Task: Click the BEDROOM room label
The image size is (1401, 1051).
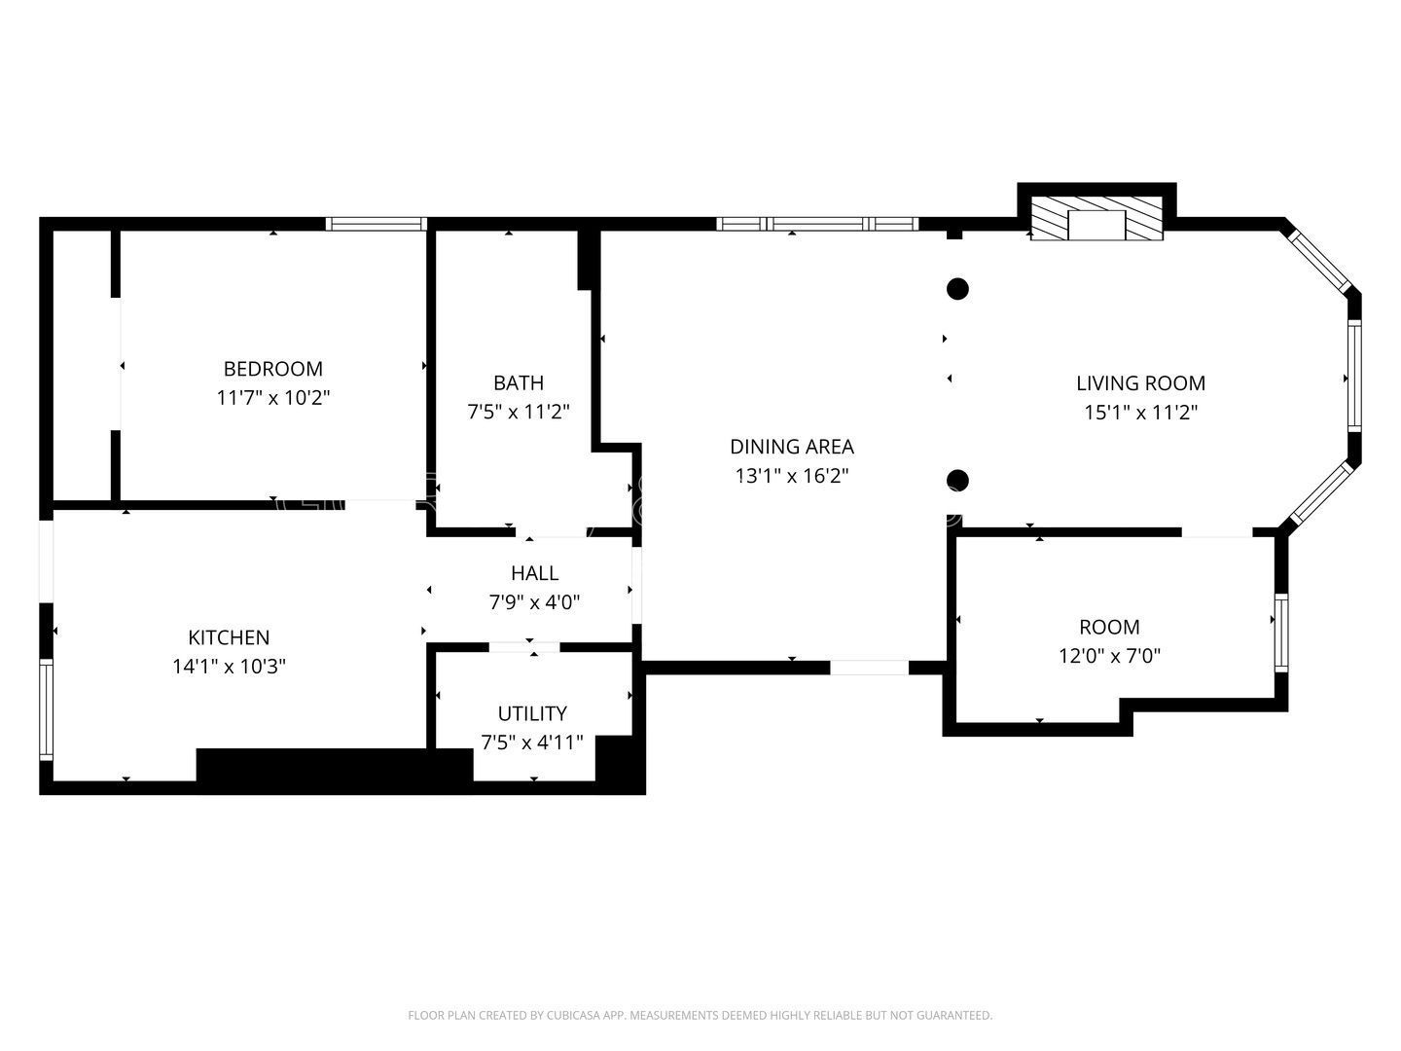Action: [x=272, y=369]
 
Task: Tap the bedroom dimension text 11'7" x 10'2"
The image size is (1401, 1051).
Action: [x=272, y=398]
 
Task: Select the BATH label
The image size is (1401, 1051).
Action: [x=518, y=382]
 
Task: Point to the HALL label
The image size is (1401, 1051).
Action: [x=534, y=573]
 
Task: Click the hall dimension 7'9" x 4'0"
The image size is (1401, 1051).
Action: [x=534, y=602]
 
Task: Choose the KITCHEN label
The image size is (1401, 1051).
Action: [x=229, y=637]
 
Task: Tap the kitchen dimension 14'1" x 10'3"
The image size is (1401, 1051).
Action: [x=229, y=667]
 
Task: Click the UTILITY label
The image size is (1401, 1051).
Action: [x=532, y=713]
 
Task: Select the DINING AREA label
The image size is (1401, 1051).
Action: [x=792, y=447]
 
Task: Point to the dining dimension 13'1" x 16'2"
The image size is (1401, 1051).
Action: [x=792, y=476]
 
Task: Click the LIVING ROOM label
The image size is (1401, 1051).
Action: [x=1140, y=382]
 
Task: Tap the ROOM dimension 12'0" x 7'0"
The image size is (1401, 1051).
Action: [x=1109, y=656]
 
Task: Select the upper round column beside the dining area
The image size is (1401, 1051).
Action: [x=958, y=289]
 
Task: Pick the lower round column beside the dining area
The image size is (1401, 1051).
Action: [x=958, y=480]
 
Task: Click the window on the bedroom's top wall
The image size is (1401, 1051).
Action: [x=377, y=224]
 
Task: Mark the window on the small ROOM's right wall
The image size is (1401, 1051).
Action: [x=1281, y=632]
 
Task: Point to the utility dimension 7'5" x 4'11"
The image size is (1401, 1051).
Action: [x=532, y=743]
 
